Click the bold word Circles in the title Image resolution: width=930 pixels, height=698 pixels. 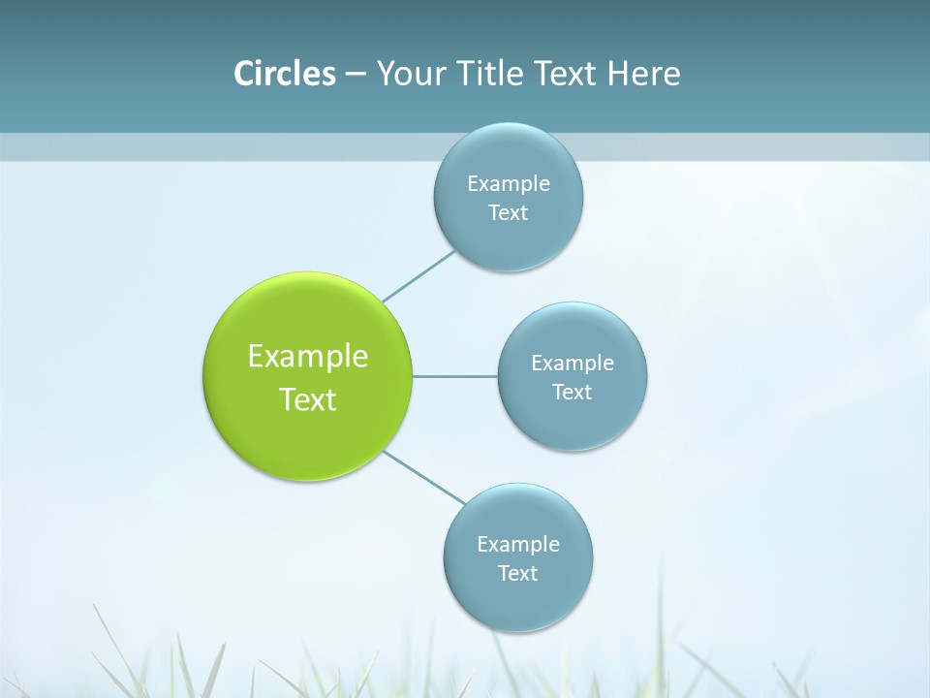[x=285, y=74]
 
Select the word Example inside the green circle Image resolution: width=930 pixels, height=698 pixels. [x=308, y=356]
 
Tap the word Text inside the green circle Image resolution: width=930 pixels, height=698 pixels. [x=308, y=399]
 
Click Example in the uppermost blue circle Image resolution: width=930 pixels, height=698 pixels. [x=509, y=183]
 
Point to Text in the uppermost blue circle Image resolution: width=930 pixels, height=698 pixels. [x=509, y=213]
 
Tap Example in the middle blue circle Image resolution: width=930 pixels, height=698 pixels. [x=573, y=363]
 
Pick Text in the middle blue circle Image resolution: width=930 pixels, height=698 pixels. [x=573, y=393]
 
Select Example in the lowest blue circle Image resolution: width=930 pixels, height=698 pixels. [x=518, y=544]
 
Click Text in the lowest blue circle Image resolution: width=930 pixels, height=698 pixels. [x=518, y=574]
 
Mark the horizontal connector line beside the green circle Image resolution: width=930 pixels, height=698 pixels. [x=455, y=376]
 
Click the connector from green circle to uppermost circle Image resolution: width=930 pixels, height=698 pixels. [x=418, y=276]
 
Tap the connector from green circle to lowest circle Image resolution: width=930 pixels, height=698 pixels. [x=424, y=477]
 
